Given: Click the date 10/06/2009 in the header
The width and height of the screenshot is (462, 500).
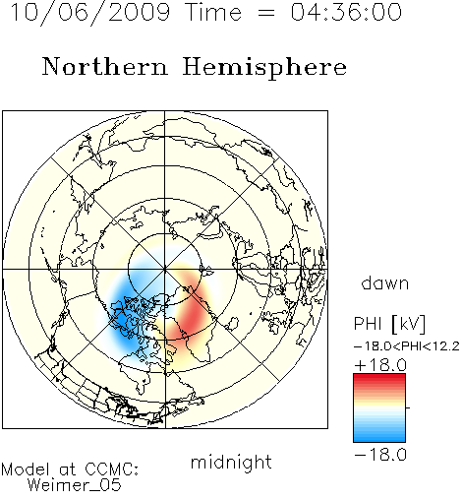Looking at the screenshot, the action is coord(90,13).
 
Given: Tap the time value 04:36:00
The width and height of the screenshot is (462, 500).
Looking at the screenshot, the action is coord(346,12).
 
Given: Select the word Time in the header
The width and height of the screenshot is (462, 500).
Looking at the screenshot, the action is coord(213,12).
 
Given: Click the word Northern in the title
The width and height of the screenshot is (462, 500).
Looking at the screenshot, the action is coord(105,66).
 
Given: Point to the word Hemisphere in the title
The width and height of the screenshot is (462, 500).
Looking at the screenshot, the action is coord(264,68).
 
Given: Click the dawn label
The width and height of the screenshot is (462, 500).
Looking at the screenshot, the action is coord(385,282).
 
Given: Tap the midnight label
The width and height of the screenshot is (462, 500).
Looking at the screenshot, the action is coord(231,462).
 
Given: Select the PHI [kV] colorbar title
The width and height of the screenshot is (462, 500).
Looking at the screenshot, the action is coord(389,324).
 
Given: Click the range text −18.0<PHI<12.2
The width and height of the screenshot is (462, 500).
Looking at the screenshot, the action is coord(407,346).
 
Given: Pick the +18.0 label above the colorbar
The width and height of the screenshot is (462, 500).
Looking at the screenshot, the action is coord(380,365).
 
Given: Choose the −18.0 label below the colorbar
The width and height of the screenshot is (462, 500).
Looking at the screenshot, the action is coord(380,455).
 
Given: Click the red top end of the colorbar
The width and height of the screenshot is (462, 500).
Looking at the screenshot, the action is coord(379,377).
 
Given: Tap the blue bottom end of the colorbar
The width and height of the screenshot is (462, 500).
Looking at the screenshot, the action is coord(379,439).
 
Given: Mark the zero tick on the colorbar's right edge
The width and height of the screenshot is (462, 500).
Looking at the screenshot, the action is coord(408,407).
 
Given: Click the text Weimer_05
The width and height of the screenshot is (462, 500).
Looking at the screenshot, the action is coord(75,485).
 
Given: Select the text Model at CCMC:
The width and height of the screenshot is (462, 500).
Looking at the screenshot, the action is coord(70,469).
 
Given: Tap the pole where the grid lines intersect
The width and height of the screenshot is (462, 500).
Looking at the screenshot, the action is coord(165,270).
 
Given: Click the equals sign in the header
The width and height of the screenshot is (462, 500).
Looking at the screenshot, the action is coord(266,14).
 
